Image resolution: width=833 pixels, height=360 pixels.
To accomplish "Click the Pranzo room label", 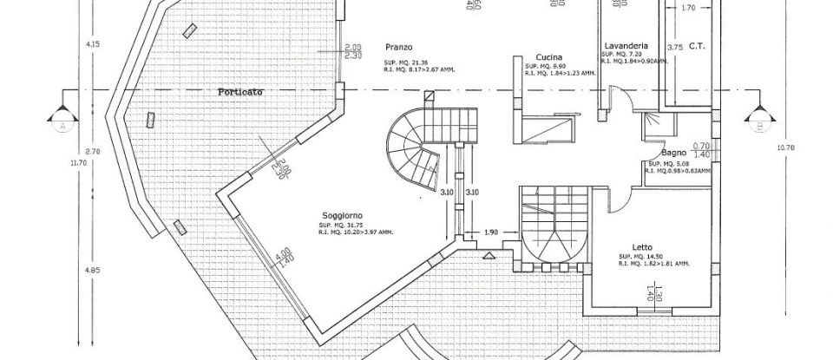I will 400,46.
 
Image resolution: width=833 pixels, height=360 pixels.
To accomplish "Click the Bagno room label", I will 673,153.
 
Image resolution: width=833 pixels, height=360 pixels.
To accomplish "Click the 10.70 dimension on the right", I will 785,147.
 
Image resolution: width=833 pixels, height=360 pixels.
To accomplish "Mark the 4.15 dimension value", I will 91,43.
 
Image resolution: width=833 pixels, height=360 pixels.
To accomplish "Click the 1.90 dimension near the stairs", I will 491,232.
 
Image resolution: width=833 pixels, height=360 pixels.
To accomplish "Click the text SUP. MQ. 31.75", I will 344,226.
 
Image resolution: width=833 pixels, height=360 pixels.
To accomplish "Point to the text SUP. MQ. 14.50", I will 643,257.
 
